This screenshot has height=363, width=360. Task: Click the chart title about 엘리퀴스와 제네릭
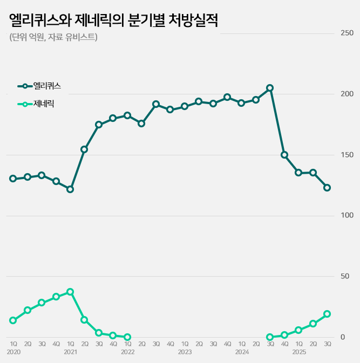113,20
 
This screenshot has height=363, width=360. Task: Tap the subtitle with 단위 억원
53,37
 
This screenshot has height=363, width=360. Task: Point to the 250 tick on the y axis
347,33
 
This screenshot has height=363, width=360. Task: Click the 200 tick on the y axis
347,94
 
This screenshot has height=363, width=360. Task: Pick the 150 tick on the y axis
347,155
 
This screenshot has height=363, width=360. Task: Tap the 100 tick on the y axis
347,215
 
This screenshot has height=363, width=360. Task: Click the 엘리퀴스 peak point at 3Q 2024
270,88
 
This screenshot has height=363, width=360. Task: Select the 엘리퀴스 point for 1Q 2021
70,189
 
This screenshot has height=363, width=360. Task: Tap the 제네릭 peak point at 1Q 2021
70,292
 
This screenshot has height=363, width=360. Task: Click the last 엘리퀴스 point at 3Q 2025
327,188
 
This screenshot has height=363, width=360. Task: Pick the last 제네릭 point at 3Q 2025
327,314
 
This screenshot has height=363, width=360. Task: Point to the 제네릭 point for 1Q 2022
127,337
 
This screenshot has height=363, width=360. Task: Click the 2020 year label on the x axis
13,352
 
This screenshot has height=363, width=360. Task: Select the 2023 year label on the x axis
185,352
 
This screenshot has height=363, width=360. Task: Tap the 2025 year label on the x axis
298,352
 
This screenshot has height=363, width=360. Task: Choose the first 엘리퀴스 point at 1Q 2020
13,179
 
